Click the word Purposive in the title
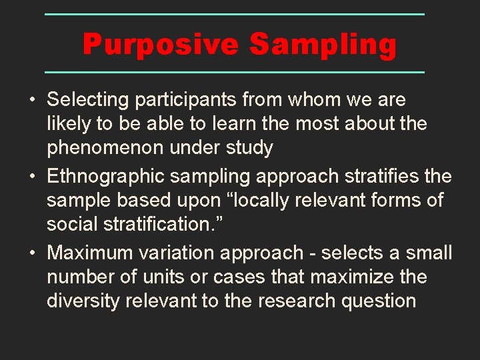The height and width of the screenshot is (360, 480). click(x=161, y=45)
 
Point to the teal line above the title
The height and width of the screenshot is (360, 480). click(x=235, y=14)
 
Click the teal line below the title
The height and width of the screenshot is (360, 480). click(x=235, y=71)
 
